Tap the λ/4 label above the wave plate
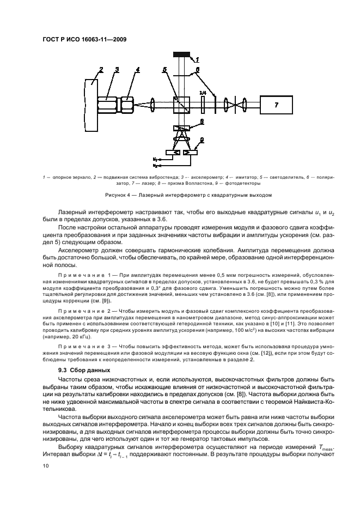coord(203,93)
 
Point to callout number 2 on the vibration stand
coord(101,70)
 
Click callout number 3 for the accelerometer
coord(117,70)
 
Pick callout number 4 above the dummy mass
coord(137,70)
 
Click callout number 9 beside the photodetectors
coord(201,141)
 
